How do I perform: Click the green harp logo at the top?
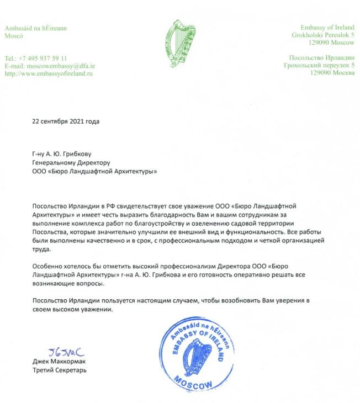(179, 44)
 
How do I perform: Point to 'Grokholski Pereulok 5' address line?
(323, 35)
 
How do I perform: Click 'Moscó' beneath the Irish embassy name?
(13, 35)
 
